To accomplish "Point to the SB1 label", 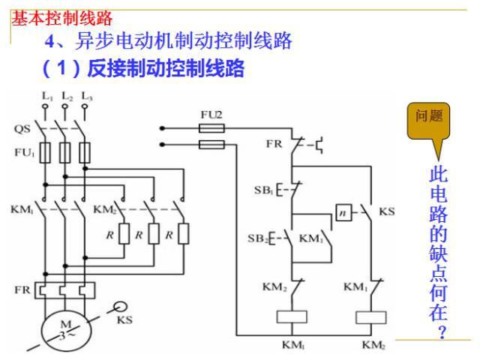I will point(262,190).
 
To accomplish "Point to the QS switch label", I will point(22,129).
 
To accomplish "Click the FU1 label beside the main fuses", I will point(23,152).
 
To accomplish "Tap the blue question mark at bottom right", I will point(442,331).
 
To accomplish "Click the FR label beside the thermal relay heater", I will point(21,289).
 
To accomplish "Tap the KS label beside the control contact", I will point(387,212).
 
